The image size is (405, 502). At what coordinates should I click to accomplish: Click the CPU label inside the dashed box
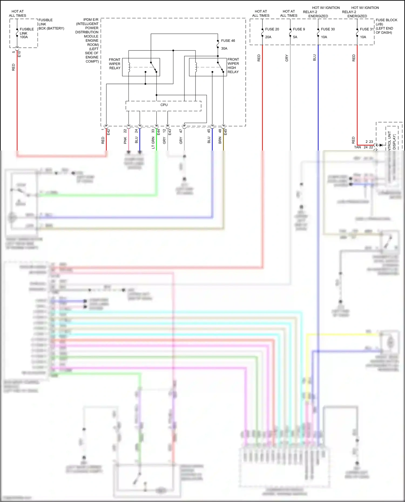point(164,105)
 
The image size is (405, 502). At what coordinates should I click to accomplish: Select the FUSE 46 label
point(228,41)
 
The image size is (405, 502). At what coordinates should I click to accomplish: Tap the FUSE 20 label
point(272,29)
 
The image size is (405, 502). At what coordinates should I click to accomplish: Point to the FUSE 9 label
point(299,29)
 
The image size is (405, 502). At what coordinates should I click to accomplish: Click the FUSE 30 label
point(328,29)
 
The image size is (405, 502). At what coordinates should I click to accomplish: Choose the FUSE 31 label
point(367,29)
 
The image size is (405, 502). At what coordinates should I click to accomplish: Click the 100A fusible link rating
point(24,37)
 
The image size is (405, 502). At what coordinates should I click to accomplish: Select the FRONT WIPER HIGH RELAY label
point(233,66)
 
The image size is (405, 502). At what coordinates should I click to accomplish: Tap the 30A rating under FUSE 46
point(224,49)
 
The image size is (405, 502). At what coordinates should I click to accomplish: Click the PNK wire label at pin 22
point(125,140)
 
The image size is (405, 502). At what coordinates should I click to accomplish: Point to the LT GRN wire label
point(153,143)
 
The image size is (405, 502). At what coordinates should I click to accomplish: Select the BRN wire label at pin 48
point(220,140)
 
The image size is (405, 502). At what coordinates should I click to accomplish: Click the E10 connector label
point(19,54)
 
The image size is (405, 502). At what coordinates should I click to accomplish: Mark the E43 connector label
point(170,132)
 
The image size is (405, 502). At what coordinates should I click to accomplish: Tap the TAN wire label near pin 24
point(357,147)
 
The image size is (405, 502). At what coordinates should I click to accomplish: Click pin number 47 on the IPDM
point(181,131)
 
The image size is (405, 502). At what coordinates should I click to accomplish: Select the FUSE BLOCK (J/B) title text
point(386,22)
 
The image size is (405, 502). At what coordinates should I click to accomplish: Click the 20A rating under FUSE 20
point(268,37)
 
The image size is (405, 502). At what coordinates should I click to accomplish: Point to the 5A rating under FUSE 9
point(295,37)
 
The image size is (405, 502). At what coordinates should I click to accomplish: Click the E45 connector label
point(226,132)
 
